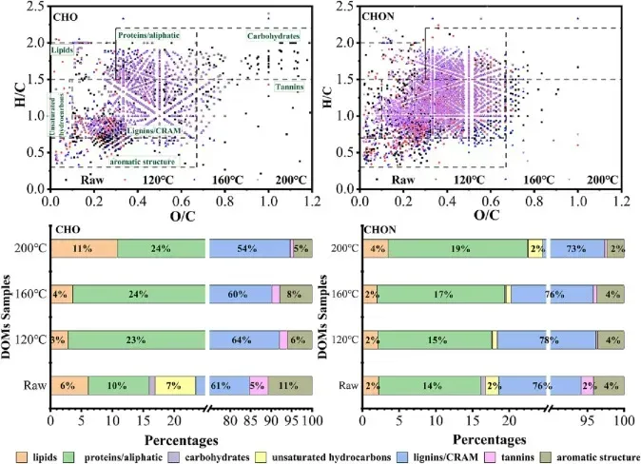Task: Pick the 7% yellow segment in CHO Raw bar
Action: [x=175, y=385]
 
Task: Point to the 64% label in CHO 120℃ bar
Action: [x=246, y=339]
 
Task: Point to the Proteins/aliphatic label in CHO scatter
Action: [x=149, y=35]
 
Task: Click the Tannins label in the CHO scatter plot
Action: [x=288, y=87]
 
